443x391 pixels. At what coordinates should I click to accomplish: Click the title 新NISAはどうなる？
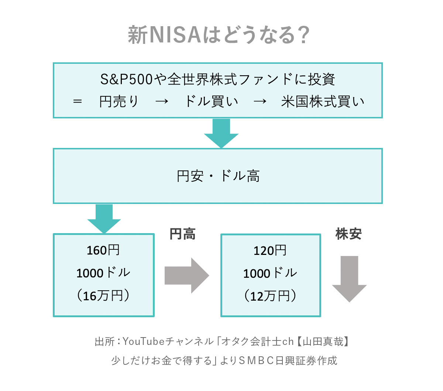219,35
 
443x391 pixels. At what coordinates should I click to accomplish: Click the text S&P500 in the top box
126,79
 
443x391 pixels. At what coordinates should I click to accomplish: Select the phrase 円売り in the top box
119,101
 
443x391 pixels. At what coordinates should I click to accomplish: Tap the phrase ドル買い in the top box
212,101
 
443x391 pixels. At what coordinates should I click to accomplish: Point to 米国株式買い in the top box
323,101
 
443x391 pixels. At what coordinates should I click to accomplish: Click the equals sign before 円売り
78,101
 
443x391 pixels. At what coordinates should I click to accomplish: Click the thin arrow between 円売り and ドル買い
162,101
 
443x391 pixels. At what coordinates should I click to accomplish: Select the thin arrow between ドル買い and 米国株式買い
260,101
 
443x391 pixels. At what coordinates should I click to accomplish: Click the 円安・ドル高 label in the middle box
218,176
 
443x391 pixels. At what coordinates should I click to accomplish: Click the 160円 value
103,250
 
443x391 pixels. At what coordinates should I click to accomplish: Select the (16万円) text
103,295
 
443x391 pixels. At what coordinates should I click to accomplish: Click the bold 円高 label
182,234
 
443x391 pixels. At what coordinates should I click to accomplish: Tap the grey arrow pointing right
187,276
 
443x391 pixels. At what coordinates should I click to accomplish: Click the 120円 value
270,250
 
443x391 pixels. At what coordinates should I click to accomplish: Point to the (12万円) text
270,296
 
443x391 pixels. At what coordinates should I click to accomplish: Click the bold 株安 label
348,234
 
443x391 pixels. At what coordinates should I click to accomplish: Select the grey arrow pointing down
349,279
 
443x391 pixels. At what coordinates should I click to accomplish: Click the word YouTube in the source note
144,341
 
